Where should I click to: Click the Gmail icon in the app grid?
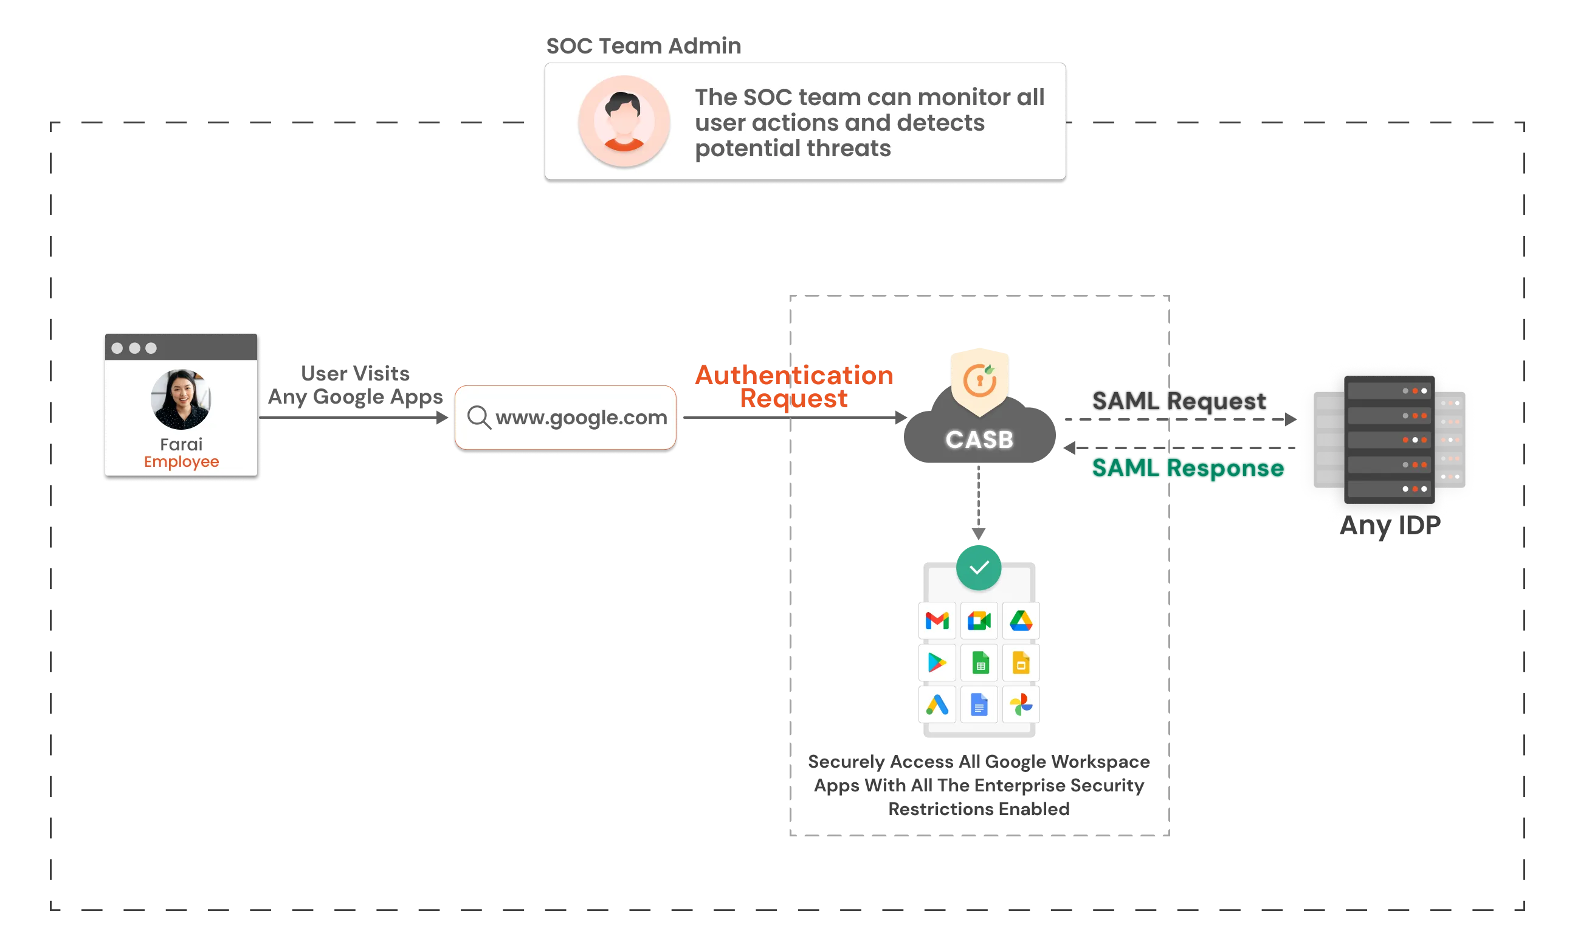[x=937, y=620]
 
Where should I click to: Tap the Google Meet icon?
[x=979, y=620]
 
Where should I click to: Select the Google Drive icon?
[x=1021, y=620]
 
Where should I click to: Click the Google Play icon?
[x=937, y=663]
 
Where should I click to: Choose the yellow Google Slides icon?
[x=1021, y=663]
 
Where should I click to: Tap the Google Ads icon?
[x=937, y=704]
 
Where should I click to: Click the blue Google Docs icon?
[x=979, y=704]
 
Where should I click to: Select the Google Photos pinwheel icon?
[x=1021, y=704]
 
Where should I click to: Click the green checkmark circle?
[x=978, y=567]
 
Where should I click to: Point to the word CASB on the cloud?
[x=979, y=439]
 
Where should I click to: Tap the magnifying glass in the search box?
[x=478, y=418]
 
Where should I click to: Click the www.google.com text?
[x=581, y=418]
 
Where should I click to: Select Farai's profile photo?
[x=181, y=399]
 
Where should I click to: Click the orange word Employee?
[x=181, y=461]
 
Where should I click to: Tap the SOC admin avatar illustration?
[x=624, y=121]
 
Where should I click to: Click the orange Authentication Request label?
[x=794, y=386]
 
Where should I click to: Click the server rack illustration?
[x=1388, y=439]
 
